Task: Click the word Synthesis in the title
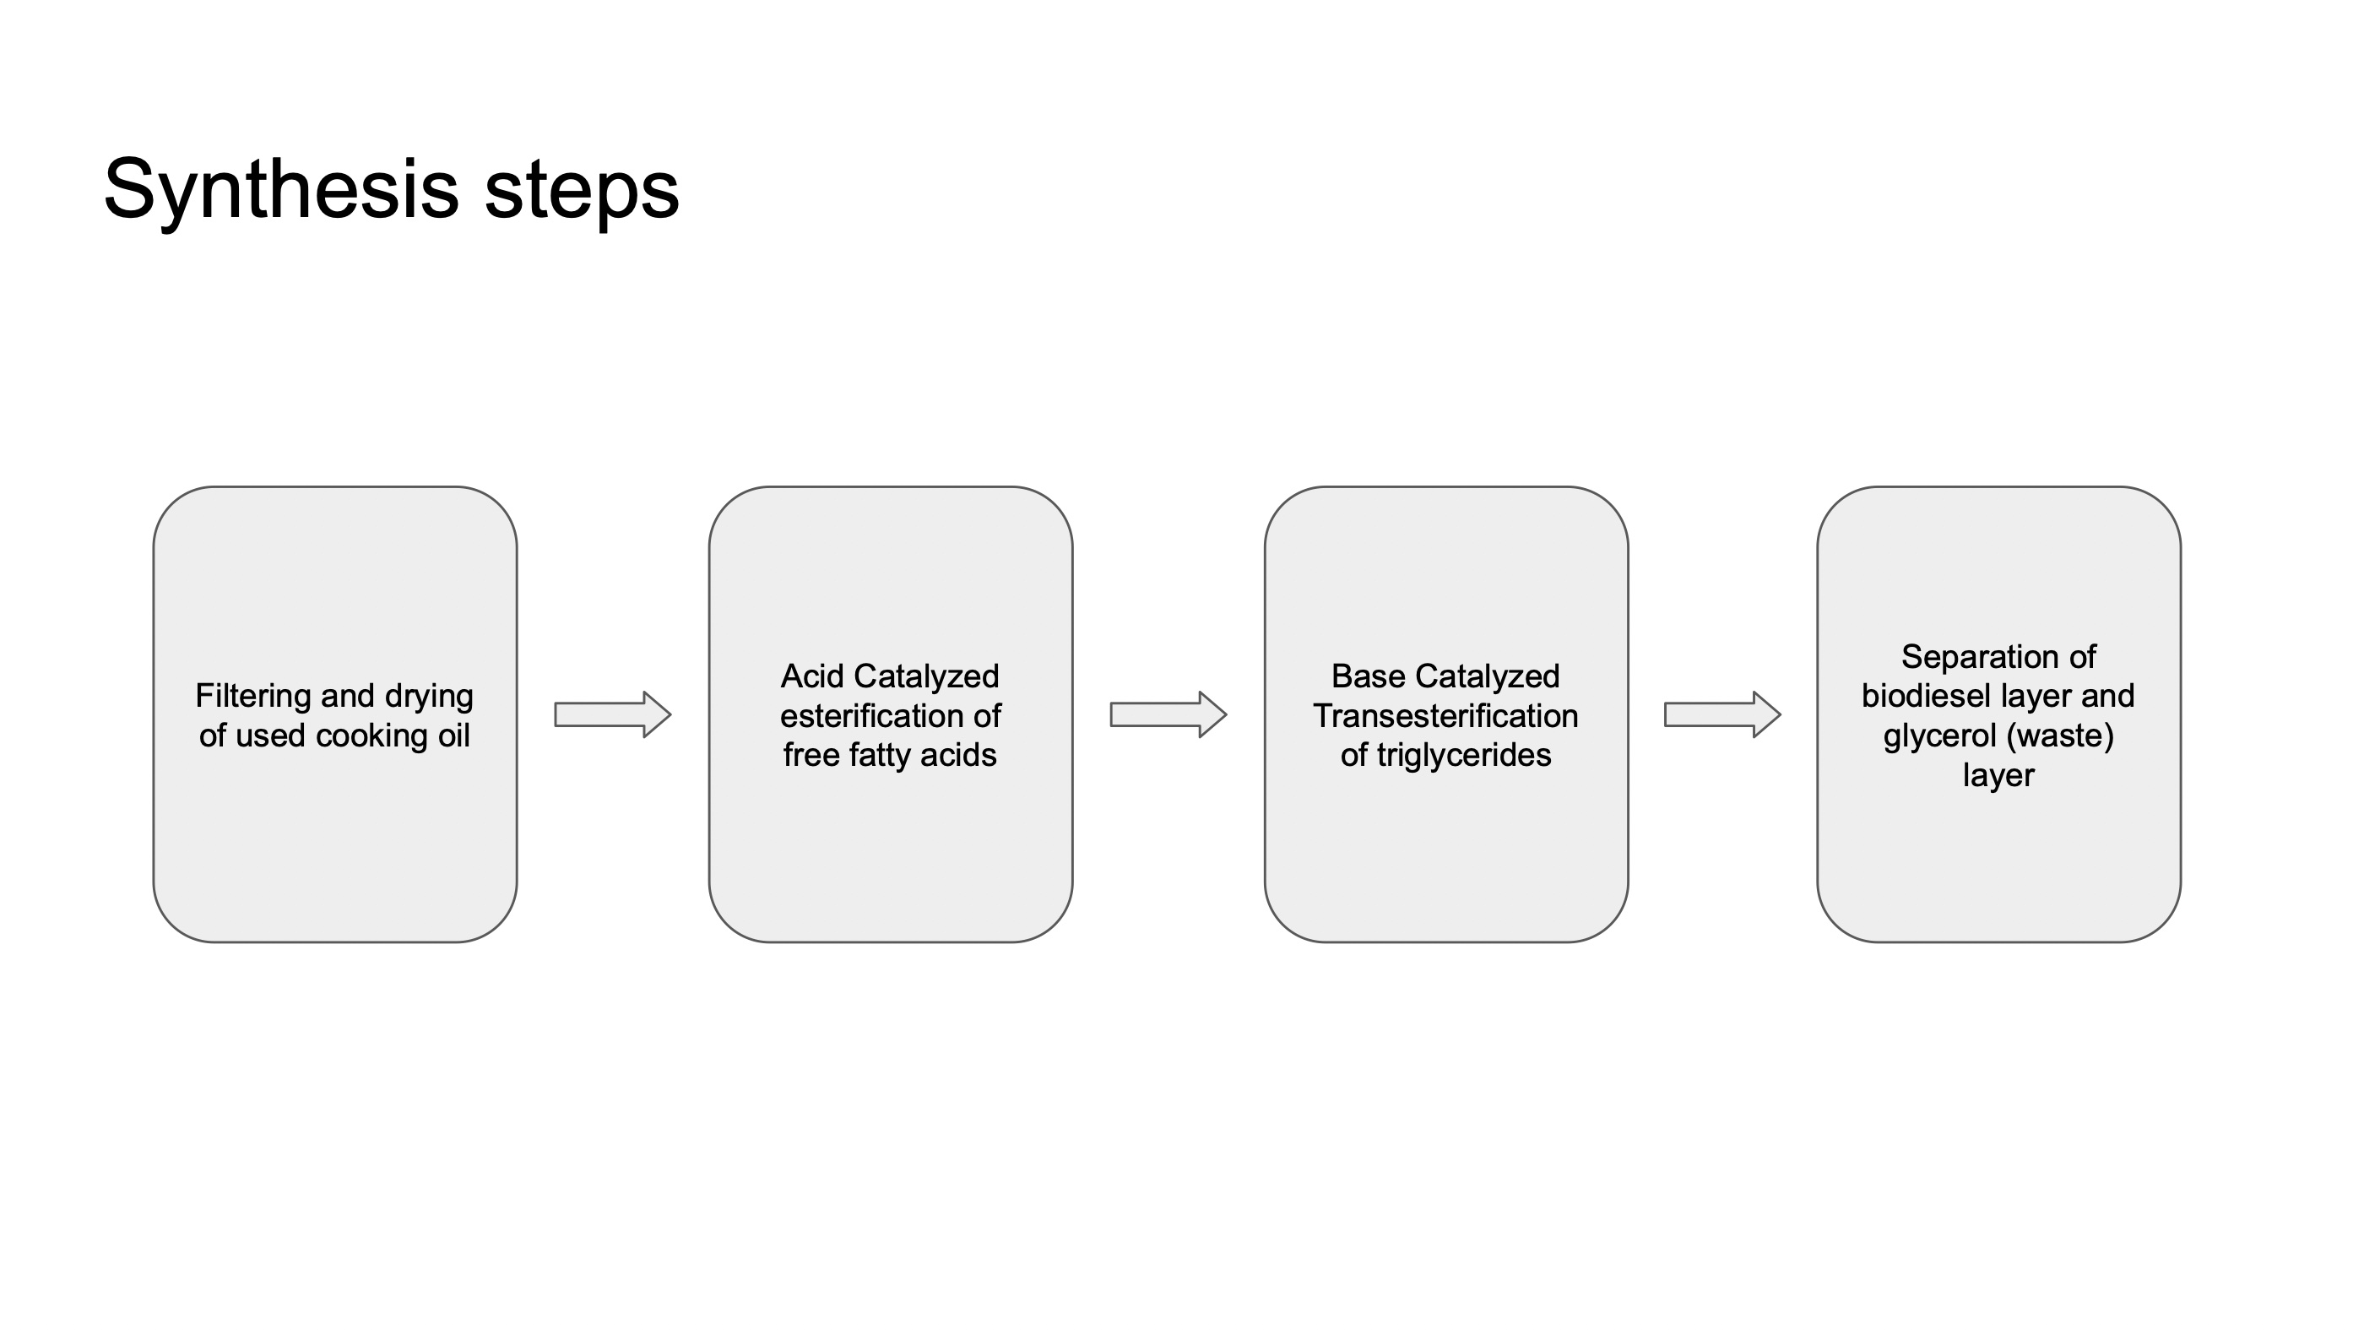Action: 282,190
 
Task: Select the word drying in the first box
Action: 430,698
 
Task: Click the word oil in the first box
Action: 454,736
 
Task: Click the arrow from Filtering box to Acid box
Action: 613,714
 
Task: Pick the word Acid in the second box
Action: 812,676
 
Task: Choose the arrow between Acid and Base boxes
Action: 1168,714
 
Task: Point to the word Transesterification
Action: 1445,716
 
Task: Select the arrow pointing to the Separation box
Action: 1722,714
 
